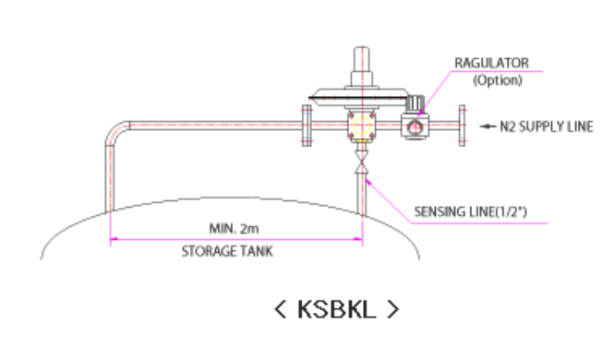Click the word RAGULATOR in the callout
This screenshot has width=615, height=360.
(x=491, y=63)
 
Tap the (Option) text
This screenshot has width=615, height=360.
(x=498, y=80)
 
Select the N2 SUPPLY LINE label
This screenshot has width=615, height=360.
(x=547, y=126)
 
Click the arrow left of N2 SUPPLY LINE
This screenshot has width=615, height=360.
(x=488, y=126)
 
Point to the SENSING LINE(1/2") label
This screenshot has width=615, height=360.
(x=471, y=211)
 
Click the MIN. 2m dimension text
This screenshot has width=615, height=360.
(x=234, y=228)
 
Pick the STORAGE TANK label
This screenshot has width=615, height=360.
(x=227, y=251)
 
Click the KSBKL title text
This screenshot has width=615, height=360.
(x=336, y=309)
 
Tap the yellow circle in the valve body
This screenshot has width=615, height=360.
(x=362, y=126)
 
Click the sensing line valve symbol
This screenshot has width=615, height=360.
(x=362, y=162)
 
